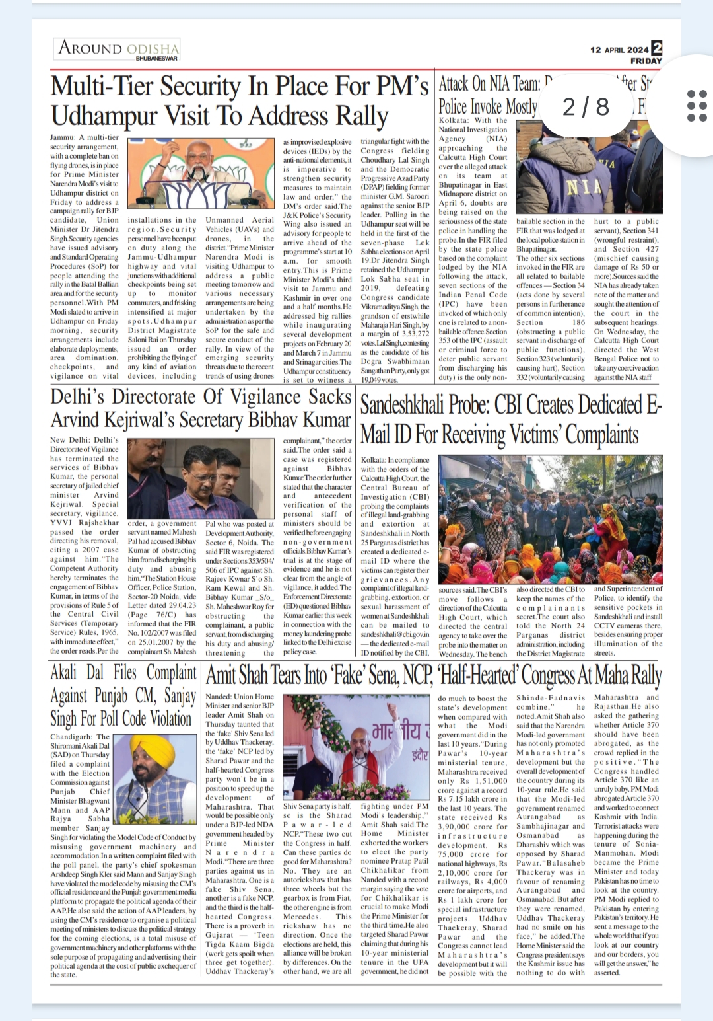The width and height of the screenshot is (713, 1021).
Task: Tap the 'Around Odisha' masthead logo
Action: click(x=118, y=48)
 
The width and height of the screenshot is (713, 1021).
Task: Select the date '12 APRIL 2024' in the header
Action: click(x=619, y=50)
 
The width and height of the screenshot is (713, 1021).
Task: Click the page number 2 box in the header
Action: click(x=656, y=48)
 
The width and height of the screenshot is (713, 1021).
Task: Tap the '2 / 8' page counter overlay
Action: click(x=586, y=106)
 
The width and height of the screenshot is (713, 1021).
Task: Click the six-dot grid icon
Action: click(x=697, y=106)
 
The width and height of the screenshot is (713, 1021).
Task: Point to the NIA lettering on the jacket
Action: click(x=584, y=186)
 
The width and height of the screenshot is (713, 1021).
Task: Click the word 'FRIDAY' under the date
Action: click(x=646, y=61)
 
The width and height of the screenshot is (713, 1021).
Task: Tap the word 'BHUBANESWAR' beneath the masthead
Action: click(x=156, y=58)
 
